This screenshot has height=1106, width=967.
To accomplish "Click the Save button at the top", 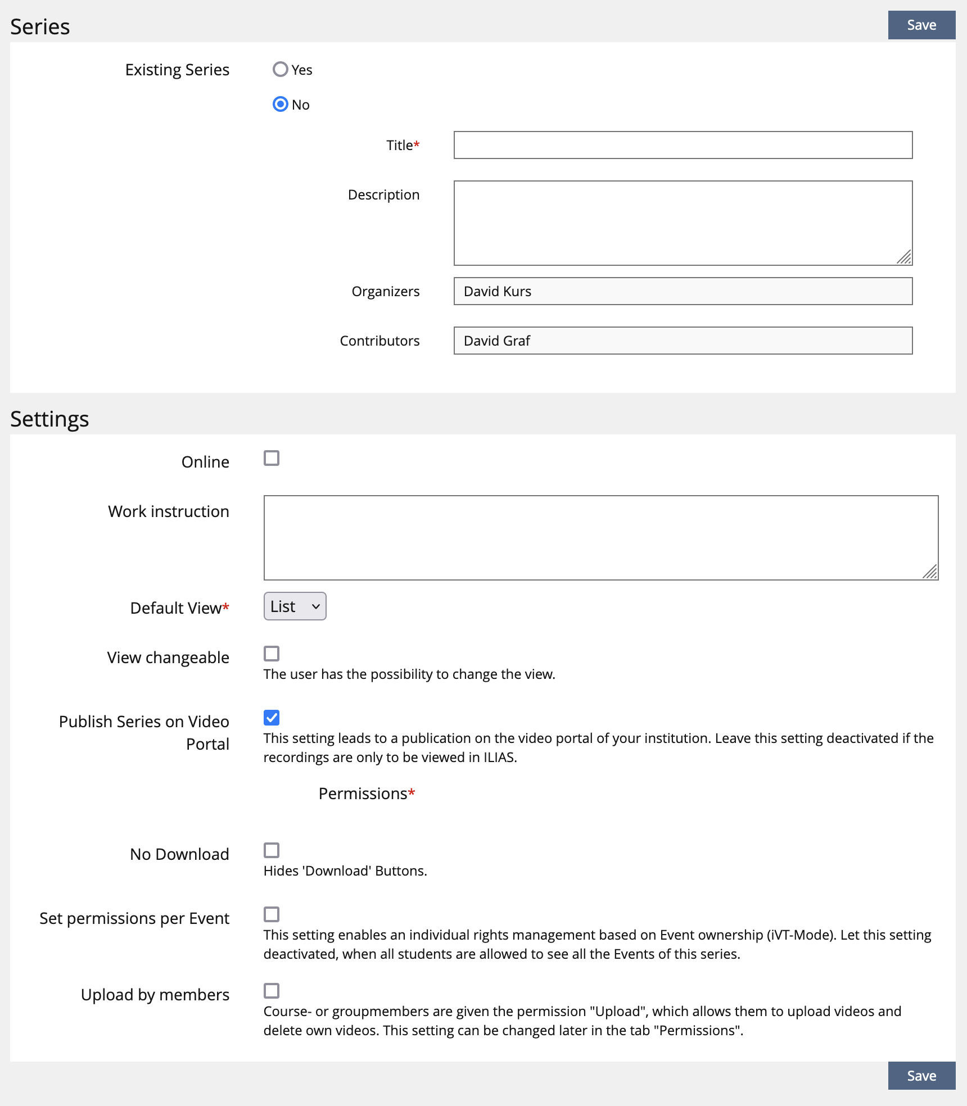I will pyautogui.click(x=921, y=25).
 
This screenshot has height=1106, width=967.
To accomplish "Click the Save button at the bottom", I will pyautogui.click(x=921, y=1076).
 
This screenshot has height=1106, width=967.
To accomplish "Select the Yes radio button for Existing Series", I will pyautogui.click(x=281, y=70).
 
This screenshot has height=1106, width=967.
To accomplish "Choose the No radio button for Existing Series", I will pyautogui.click(x=281, y=105).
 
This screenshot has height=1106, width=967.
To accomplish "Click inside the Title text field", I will pyautogui.click(x=683, y=145).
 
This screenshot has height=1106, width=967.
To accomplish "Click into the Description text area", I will pyautogui.click(x=683, y=223).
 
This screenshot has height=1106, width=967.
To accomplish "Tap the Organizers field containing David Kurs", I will pyautogui.click(x=683, y=291).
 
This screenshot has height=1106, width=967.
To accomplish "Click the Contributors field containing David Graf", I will pyautogui.click(x=683, y=341).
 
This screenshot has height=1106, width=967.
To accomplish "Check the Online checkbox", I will pyautogui.click(x=272, y=459).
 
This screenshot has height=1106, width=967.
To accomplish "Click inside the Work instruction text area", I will pyautogui.click(x=600, y=537).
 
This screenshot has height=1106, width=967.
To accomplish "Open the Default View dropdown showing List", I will pyautogui.click(x=295, y=606).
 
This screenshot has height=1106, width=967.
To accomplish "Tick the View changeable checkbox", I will pyautogui.click(x=272, y=654).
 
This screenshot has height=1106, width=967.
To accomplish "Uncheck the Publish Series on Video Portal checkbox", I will pyautogui.click(x=272, y=718).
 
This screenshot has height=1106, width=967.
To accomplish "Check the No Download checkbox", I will pyautogui.click(x=272, y=850).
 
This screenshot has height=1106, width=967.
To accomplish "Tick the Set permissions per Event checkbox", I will pyautogui.click(x=272, y=914).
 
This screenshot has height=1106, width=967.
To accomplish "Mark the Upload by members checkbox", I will pyautogui.click(x=272, y=991).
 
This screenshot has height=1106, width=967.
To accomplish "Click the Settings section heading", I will pyautogui.click(x=49, y=419).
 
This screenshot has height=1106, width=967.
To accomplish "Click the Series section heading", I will pyautogui.click(x=40, y=27).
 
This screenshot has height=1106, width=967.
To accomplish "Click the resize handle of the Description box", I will pyautogui.click(x=905, y=258).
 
